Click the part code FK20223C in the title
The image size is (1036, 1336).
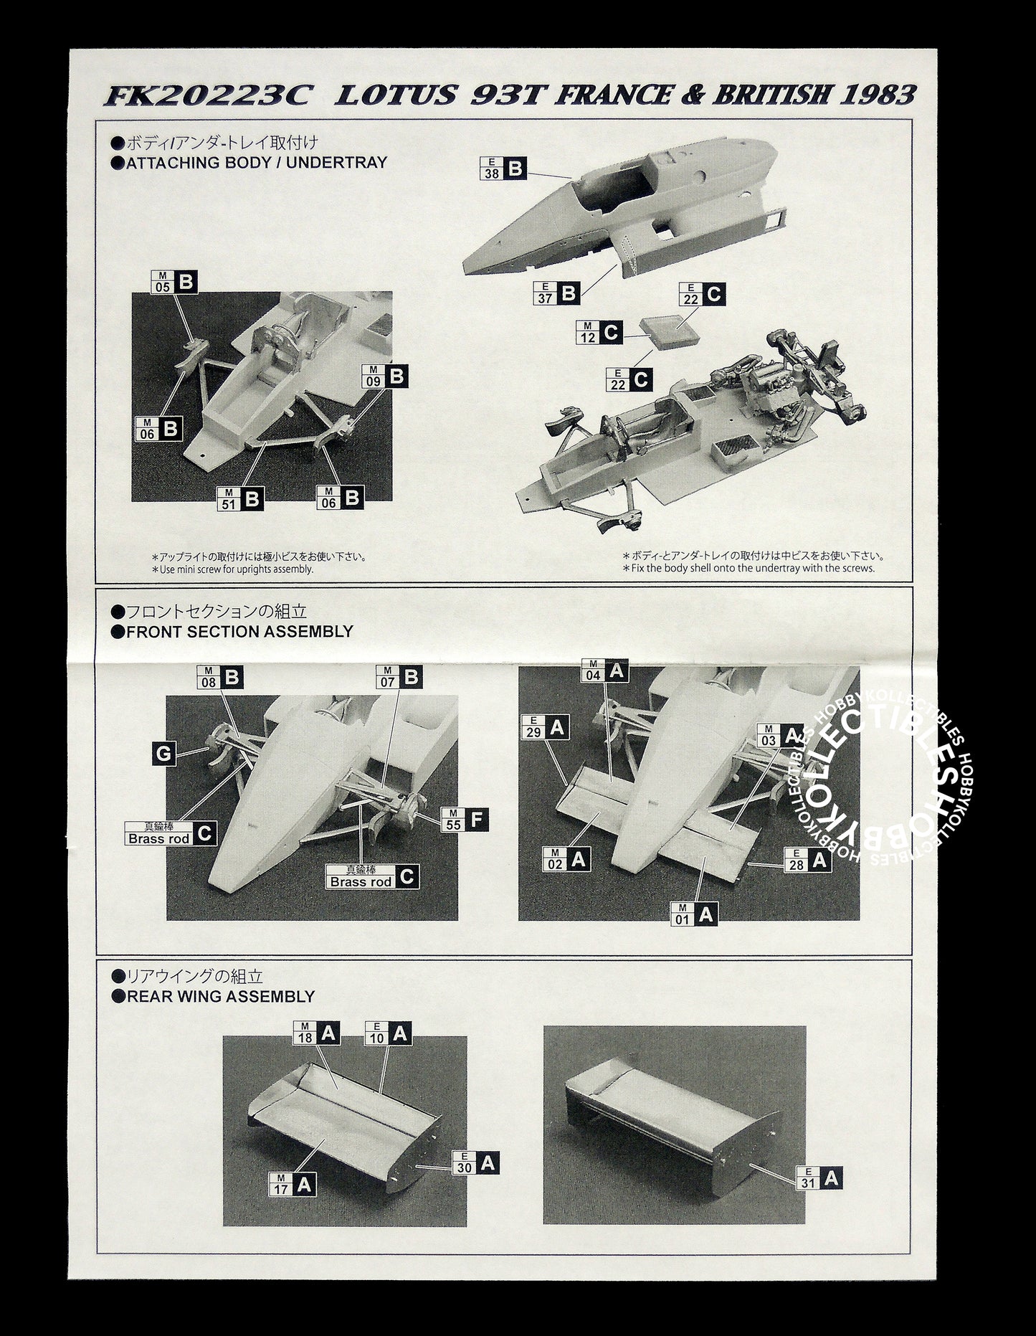pos(206,96)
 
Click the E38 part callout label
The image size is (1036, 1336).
pos(503,169)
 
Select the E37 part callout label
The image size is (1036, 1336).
pos(557,293)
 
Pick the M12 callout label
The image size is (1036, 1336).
pos(599,332)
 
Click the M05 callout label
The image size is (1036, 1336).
pos(174,282)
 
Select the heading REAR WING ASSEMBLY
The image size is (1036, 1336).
pos(220,996)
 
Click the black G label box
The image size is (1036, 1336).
pos(163,753)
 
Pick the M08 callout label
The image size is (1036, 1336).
pos(219,678)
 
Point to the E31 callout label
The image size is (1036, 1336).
pos(819,1178)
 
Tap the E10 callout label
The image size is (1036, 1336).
pos(388,1033)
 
